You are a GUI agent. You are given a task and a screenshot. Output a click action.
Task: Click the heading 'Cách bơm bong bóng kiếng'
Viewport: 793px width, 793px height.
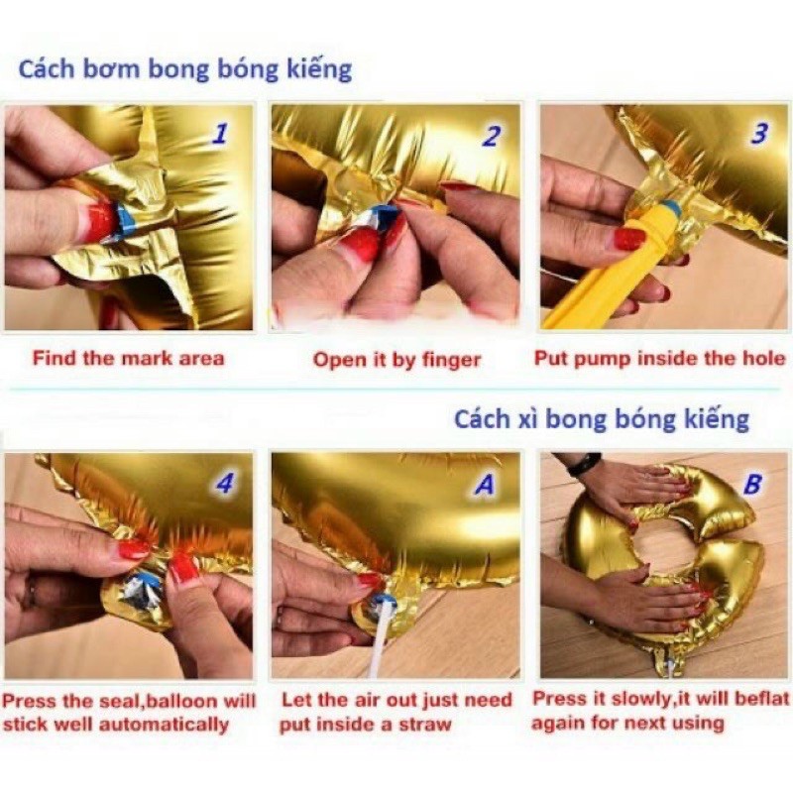pyautogui.click(x=185, y=69)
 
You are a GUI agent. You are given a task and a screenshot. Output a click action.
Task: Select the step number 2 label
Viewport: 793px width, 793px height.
pyautogui.click(x=491, y=137)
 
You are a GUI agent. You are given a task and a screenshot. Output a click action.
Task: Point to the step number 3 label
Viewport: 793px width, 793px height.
pyautogui.click(x=759, y=134)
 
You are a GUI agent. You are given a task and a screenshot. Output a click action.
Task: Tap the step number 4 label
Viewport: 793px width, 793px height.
pyautogui.click(x=226, y=484)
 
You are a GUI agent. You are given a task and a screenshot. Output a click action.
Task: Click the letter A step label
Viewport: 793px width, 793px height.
pyautogui.click(x=485, y=485)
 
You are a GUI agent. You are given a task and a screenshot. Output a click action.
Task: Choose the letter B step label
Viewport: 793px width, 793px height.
pyautogui.click(x=753, y=485)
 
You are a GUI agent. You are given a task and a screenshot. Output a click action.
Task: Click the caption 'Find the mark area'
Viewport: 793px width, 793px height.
pyautogui.click(x=128, y=358)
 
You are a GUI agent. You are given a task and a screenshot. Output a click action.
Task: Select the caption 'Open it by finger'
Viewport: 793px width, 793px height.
pyautogui.click(x=397, y=360)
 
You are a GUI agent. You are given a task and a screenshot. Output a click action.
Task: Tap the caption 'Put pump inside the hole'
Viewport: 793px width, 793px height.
pyautogui.click(x=660, y=358)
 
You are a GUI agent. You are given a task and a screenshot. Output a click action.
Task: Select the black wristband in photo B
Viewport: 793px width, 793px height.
pyautogui.click(x=584, y=463)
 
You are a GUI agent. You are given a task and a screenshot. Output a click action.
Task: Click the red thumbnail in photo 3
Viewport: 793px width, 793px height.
pyautogui.click(x=629, y=239)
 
